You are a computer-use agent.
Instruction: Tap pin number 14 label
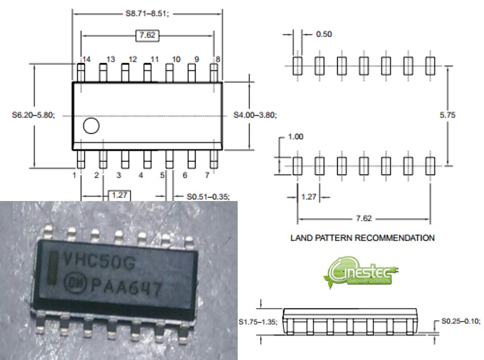[86, 59]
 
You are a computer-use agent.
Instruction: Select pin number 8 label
[218, 59]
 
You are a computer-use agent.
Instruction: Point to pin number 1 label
[74, 175]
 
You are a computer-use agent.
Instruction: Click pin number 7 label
[207, 175]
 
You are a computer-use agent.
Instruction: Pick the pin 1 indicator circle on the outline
[90, 127]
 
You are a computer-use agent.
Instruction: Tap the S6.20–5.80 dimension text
[33, 115]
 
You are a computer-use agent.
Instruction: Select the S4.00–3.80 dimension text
[255, 115]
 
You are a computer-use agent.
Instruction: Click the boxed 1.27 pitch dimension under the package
[119, 195]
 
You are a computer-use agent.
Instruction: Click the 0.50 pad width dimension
[324, 34]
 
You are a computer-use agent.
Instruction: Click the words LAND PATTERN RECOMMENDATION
[362, 237]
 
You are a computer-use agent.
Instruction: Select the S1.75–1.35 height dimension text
[258, 323]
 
